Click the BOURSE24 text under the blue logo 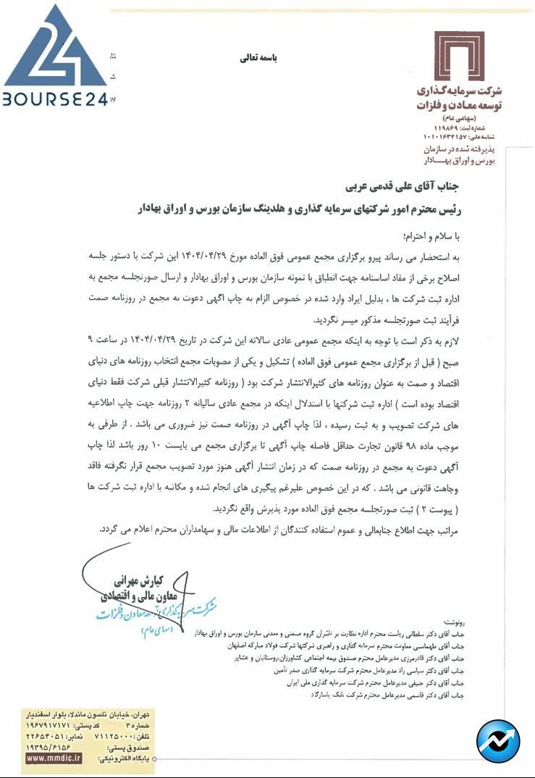pos(55,99)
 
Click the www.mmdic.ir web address pos(54,758)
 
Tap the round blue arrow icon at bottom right pos(499,740)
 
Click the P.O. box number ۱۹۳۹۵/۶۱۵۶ pos(49,746)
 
